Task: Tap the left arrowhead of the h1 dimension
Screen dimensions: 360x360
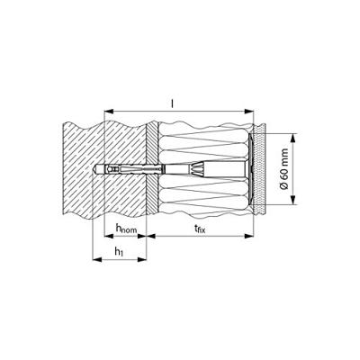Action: click(94, 264)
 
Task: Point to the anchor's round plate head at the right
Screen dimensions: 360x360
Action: click(251, 171)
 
